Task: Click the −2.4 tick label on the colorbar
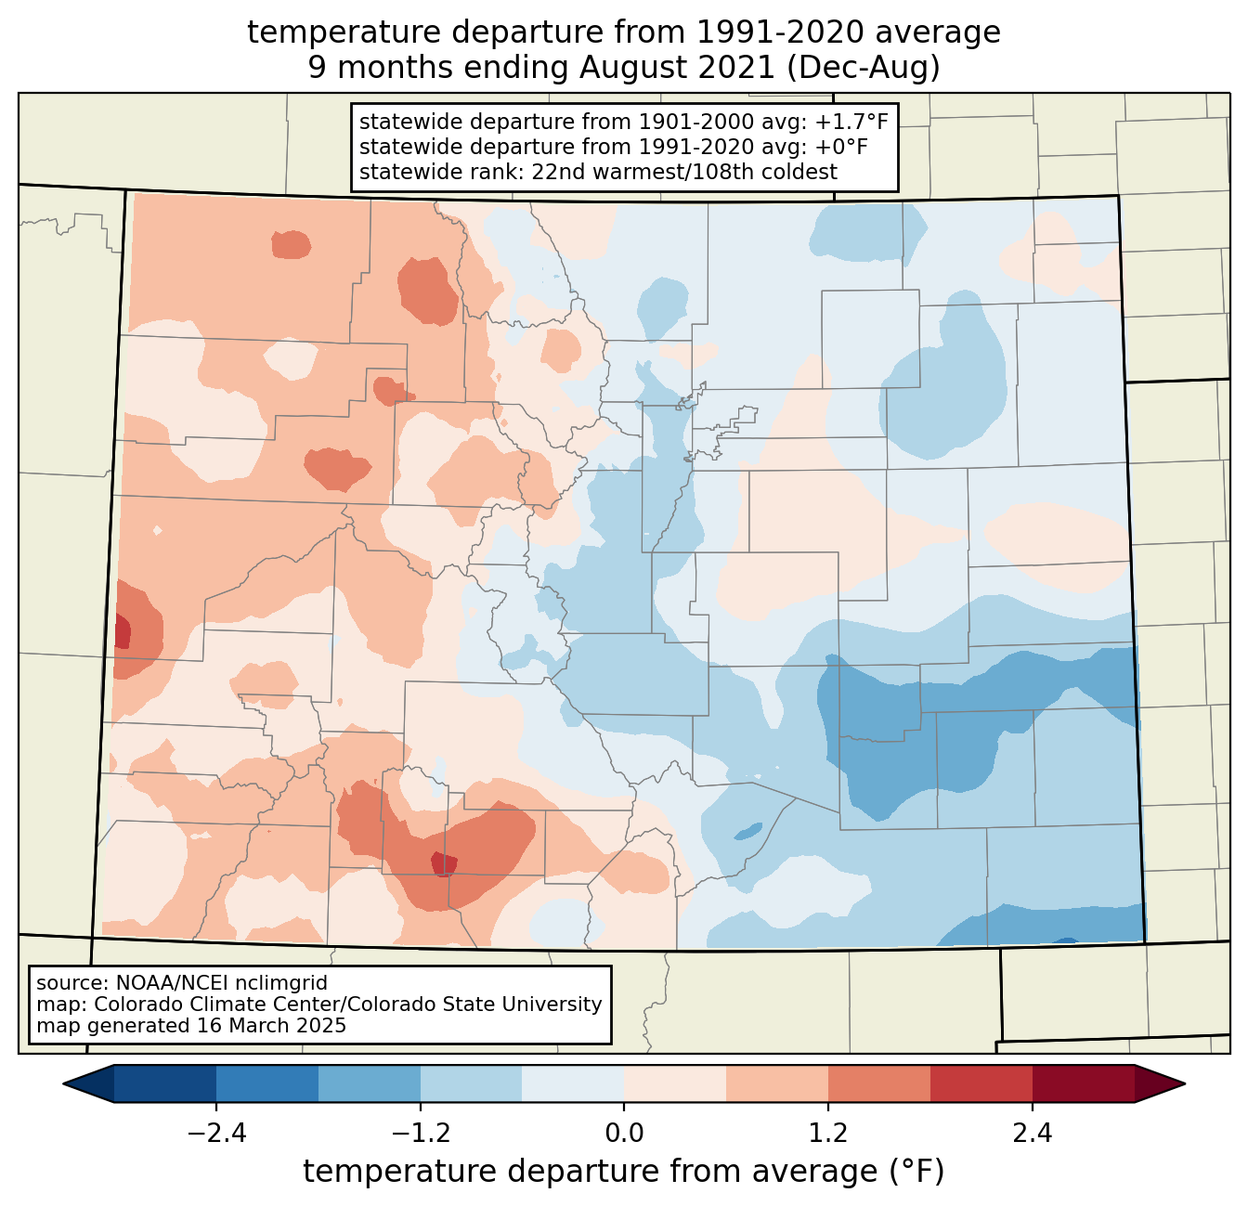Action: pos(216,1134)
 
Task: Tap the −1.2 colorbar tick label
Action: pos(420,1134)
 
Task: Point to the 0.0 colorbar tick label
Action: pos(624,1134)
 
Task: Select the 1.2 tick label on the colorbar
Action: pos(828,1134)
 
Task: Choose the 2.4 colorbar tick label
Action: pos(1032,1134)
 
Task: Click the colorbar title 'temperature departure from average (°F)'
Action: pos(624,1172)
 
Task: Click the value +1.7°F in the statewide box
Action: pos(851,122)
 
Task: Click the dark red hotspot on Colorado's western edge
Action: pos(122,632)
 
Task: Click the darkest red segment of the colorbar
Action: pos(1083,1083)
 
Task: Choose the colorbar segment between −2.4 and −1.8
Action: pos(267,1083)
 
